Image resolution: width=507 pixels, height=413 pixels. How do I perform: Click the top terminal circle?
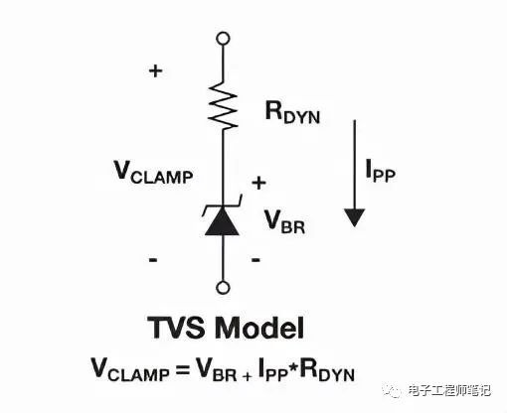[223, 39]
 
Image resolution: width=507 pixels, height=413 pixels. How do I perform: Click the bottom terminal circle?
[223, 288]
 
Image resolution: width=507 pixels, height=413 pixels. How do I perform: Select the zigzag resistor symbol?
[224, 105]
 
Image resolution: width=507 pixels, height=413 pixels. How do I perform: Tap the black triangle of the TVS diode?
[222, 221]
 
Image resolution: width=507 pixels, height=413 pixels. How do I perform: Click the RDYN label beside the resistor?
[292, 112]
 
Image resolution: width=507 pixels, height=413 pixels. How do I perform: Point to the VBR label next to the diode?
[284, 221]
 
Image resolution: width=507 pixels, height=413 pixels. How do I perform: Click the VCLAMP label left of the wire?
[153, 172]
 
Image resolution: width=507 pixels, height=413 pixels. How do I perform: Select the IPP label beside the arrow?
[381, 170]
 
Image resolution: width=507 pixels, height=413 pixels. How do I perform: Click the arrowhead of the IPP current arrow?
[355, 217]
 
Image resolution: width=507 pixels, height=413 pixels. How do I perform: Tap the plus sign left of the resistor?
[155, 70]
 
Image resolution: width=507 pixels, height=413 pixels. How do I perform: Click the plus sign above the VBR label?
[259, 183]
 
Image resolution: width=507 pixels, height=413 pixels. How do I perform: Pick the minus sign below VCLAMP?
[153, 260]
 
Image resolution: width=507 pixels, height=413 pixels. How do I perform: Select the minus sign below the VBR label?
[255, 260]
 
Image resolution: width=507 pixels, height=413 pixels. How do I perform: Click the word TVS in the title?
[176, 328]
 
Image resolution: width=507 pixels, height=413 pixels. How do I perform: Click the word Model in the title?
[259, 328]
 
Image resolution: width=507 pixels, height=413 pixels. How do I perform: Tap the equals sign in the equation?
[182, 369]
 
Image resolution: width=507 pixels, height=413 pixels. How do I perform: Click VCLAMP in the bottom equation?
[130, 369]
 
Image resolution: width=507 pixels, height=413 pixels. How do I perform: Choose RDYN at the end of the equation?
[327, 369]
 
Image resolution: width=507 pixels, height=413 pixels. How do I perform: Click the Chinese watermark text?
[448, 391]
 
